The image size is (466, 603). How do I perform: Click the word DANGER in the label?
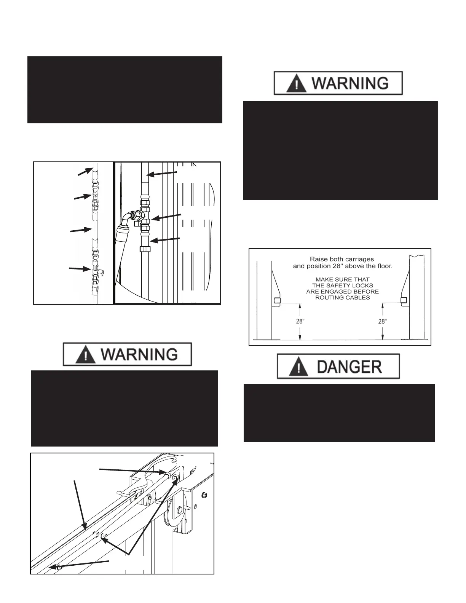coord(349,367)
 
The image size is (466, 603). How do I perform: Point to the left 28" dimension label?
coord(300,321)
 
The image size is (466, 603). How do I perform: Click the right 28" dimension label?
coord(382,321)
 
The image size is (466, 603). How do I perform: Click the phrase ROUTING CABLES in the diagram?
coord(342,297)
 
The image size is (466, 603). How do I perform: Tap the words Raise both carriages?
coord(342,259)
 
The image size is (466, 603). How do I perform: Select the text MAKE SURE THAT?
coord(342,279)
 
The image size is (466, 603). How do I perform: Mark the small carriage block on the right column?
coord(404,300)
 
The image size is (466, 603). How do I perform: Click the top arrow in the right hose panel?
coord(161,174)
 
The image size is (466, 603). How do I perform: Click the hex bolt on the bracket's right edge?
coord(205,495)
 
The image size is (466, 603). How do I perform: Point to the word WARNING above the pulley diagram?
coord(139,355)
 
